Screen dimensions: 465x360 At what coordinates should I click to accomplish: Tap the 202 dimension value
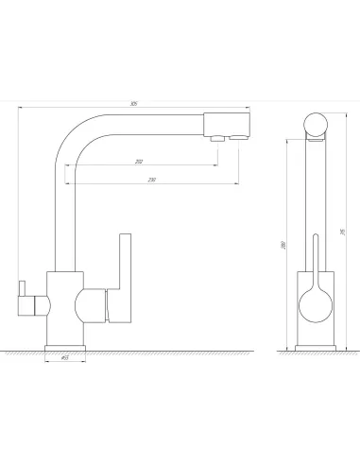[x=139, y=162]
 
